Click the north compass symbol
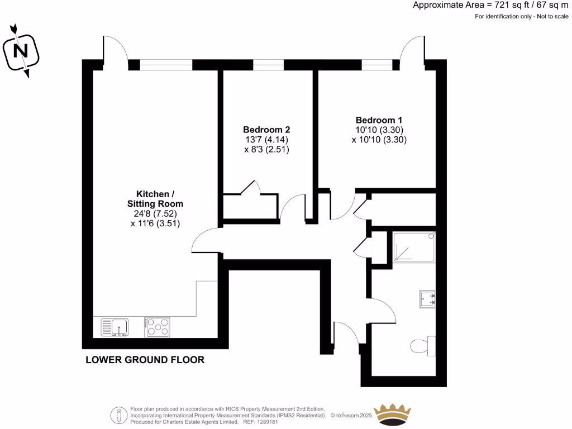pos(21,51)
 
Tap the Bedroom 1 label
pos(379,120)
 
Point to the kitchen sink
pos(115,327)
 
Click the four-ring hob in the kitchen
pos(157,327)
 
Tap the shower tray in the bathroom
pos(414,247)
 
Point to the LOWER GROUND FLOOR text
pos(145,360)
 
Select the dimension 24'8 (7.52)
pos(156,214)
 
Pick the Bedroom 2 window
pos(268,65)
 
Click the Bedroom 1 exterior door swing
pos(412,50)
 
